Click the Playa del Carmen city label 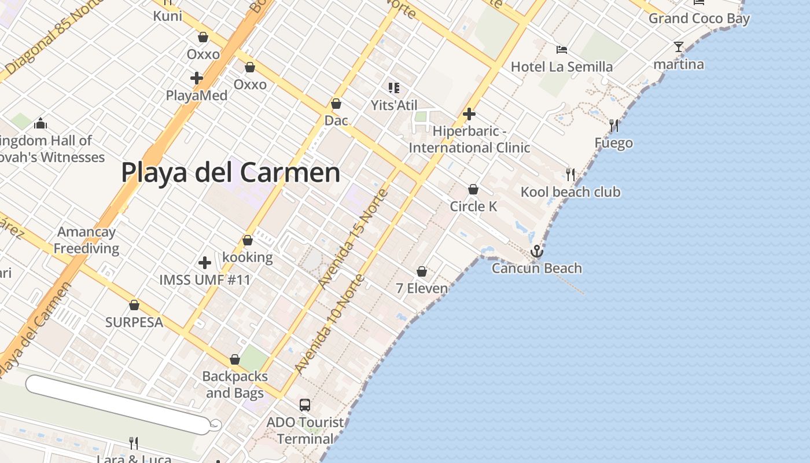(x=230, y=172)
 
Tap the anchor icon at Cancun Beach (x=537, y=251)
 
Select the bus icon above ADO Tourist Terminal (x=305, y=405)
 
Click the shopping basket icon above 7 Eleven (x=422, y=271)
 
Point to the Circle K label (x=473, y=206)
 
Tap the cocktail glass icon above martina (x=679, y=47)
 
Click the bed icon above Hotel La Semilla (x=561, y=49)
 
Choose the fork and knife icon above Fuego (x=614, y=125)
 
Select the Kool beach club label (x=570, y=192)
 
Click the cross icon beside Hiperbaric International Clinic (x=469, y=114)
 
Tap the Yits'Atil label (x=394, y=105)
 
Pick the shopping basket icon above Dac (x=336, y=104)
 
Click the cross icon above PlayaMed (x=197, y=78)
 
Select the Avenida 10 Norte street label (x=329, y=324)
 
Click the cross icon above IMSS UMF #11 (x=205, y=263)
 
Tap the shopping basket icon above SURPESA (x=134, y=305)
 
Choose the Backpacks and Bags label (x=235, y=384)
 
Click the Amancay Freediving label (x=87, y=240)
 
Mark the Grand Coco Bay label (x=699, y=19)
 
